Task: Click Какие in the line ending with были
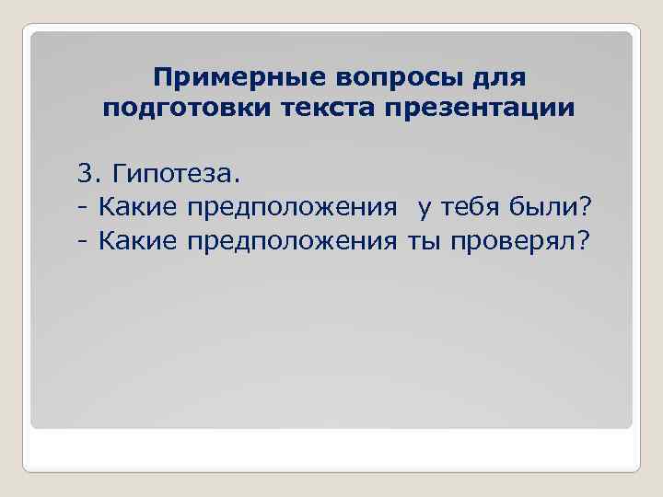pos(136,207)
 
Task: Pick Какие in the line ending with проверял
pos(136,240)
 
